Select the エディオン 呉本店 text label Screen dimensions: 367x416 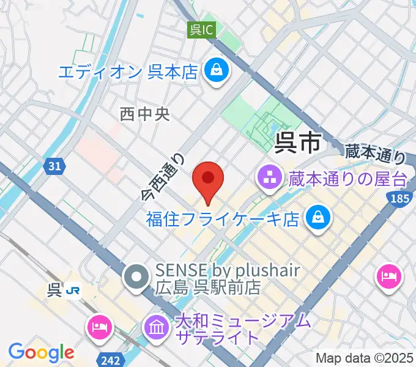point(128,72)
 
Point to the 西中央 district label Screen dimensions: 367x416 point(144,114)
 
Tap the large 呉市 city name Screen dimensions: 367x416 point(298,143)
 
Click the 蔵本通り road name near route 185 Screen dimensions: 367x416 point(375,152)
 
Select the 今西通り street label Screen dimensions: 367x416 point(163,177)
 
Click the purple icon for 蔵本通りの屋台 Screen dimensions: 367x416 point(269,179)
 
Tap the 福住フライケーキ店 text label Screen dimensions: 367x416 point(223,218)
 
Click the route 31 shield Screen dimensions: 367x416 point(54,166)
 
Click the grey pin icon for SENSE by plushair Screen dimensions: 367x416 point(135,277)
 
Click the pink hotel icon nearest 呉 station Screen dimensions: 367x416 point(99,326)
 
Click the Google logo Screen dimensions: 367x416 point(40,352)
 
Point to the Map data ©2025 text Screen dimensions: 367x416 point(365,358)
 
